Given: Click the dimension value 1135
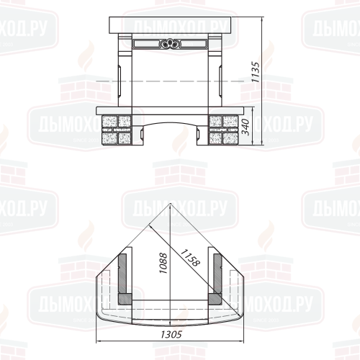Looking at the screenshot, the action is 256,72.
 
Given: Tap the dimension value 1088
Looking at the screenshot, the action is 163,263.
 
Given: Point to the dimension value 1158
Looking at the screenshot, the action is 190,258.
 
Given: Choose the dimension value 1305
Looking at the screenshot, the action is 171,334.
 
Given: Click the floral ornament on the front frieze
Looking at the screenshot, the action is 170,44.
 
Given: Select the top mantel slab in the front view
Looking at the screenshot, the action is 170,25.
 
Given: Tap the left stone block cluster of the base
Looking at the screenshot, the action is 117,130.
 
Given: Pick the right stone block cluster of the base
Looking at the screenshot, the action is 223,130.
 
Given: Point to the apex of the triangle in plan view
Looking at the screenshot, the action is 170,203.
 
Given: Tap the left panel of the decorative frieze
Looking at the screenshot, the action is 146,44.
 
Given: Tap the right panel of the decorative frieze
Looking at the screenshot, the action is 193,44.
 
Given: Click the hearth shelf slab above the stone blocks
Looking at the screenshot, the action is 170,111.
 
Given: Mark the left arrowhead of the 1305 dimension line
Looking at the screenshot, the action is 96,341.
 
